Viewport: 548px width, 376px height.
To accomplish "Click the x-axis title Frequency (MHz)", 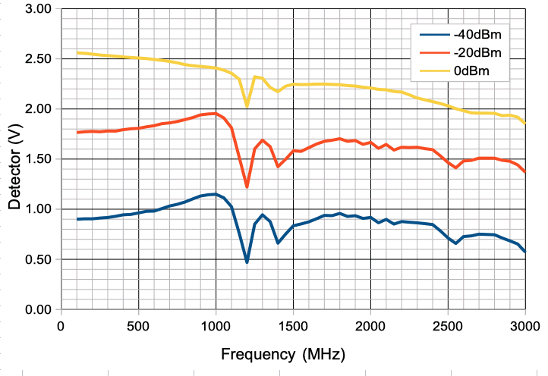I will click(x=283, y=354).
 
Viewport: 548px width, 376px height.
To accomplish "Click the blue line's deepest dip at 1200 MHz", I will click(x=247, y=262).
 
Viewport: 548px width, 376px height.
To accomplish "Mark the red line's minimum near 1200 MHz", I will click(x=247, y=186).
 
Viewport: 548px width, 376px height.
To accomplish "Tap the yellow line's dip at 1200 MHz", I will click(x=247, y=105).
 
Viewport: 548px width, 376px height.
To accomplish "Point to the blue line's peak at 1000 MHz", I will click(x=216, y=194).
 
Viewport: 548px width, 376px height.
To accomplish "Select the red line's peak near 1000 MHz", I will click(x=216, y=114).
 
